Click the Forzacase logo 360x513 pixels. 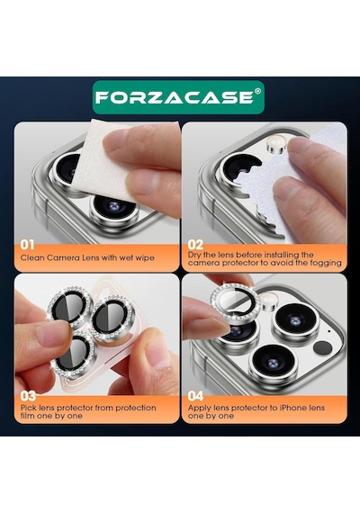tap(178, 97)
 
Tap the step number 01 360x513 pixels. tap(27, 245)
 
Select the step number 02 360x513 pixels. tap(195, 245)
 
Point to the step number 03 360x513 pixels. tap(28, 396)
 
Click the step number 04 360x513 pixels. tap(195, 396)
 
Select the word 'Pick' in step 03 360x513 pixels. tap(29, 408)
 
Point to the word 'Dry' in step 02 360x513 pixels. tap(194, 255)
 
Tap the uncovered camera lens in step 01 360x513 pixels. tap(113, 208)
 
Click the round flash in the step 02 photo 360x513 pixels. tap(277, 145)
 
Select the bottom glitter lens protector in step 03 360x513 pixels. tap(76, 356)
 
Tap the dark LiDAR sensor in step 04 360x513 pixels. tap(322, 348)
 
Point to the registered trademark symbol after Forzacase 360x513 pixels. tap(257, 91)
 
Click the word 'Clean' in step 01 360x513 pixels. tap(32, 257)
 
